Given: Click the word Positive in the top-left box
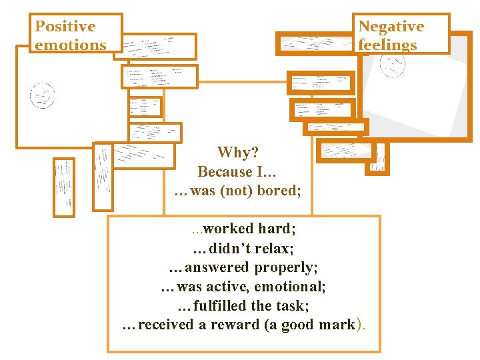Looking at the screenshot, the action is (x=65, y=27).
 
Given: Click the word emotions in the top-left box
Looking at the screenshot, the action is (x=70, y=45).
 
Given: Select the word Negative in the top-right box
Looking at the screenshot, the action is (x=391, y=27).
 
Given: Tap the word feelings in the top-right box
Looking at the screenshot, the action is (x=387, y=45).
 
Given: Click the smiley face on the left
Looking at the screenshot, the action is (x=43, y=96).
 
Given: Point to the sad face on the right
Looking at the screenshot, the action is (x=392, y=65).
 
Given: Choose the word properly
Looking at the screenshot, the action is (x=286, y=267).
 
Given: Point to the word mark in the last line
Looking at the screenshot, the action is (x=336, y=325).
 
